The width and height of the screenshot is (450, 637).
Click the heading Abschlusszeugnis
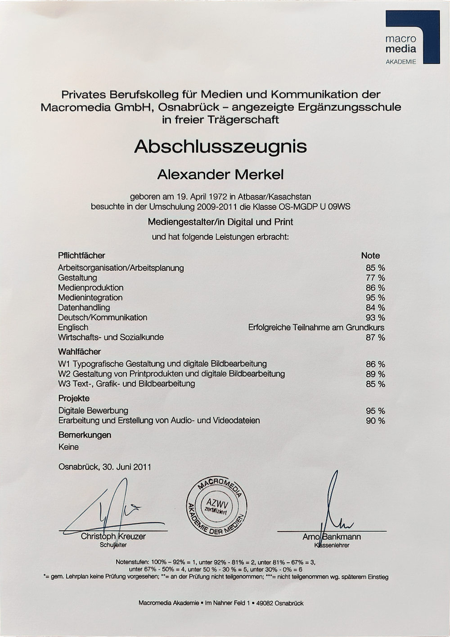pos(220,146)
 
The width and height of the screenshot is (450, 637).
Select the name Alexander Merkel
pos(220,174)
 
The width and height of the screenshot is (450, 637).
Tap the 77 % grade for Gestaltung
pos(375,278)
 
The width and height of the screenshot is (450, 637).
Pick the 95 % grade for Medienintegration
pos(375,298)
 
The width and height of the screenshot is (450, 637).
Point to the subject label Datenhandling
pos(84,307)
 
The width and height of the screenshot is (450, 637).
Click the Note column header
pos(370,256)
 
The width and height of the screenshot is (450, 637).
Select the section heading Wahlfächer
pos(79,352)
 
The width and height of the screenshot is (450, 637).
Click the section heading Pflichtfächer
pos(81,256)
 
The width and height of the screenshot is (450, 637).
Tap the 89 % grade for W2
pos(375,374)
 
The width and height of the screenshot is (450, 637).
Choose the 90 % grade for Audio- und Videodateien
pos(375,421)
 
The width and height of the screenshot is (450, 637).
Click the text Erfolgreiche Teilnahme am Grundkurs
pos(316,327)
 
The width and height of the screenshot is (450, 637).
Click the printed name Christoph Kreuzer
pos(113,537)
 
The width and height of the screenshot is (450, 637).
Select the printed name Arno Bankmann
pos(332,537)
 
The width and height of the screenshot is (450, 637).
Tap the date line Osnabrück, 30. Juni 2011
pos(105,467)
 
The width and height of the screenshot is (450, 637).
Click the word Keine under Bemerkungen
pos(68,447)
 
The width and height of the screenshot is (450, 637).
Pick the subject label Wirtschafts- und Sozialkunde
pos(111,337)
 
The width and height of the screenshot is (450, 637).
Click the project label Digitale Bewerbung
pos(93,411)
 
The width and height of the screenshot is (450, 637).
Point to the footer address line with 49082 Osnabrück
pos(221,603)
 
